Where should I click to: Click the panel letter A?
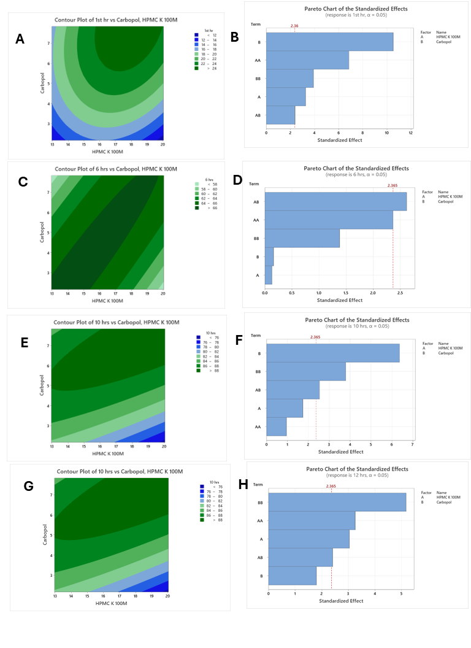tap(20, 39)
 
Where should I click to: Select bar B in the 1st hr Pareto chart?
tap(329, 42)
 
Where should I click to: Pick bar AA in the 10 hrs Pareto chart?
tap(276, 427)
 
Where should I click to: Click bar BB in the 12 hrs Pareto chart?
tap(337, 502)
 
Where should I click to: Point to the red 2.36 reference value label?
tap(294, 26)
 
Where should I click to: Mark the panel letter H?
tap(242, 485)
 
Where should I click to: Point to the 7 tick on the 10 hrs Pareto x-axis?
tap(412, 444)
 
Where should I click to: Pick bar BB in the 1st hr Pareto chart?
tap(289, 79)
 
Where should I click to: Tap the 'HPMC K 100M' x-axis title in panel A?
tap(106, 152)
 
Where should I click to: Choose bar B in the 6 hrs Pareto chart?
tap(269, 257)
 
